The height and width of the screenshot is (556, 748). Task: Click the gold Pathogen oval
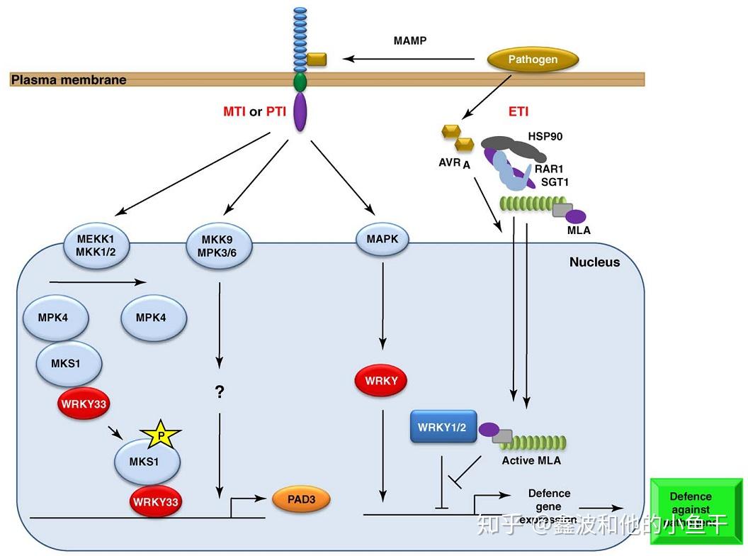533,60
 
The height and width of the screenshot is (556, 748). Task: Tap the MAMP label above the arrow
410,40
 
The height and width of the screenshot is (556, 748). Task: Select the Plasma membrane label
69,79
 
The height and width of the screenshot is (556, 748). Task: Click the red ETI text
518,111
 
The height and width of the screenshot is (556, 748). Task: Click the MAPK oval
382,240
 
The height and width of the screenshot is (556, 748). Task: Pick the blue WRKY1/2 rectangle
443,428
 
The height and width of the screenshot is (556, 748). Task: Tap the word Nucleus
594,262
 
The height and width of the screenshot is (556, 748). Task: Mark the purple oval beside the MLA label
574,216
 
